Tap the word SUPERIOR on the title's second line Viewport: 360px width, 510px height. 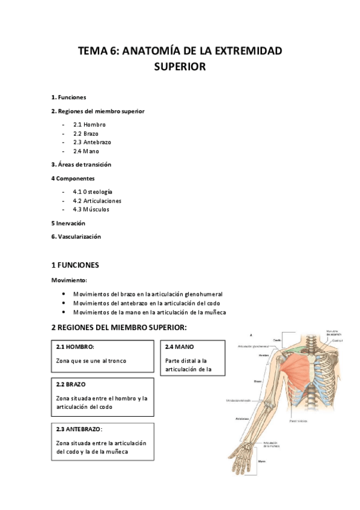pyautogui.click(x=180, y=67)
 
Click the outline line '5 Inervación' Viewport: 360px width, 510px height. pyautogui.click(x=68, y=223)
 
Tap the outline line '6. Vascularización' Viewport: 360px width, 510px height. pyautogui.click(x=76, y=236)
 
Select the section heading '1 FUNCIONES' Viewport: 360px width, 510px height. pyautogui.click(x=75, y=265)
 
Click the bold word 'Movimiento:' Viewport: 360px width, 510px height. pyautogui.click(x=69, y=280)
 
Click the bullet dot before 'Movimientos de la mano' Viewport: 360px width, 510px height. pyautogui.click(x=64, y=312)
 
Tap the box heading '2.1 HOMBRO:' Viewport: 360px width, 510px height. pyautogui.click(x=75, y=347)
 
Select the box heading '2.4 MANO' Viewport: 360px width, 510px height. pyautogui.click(x=180, y=347)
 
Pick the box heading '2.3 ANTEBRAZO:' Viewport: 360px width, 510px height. pyautogui.click(x=79, y=429)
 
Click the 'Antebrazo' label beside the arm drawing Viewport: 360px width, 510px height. pyautogui.click(x=243, y=419)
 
